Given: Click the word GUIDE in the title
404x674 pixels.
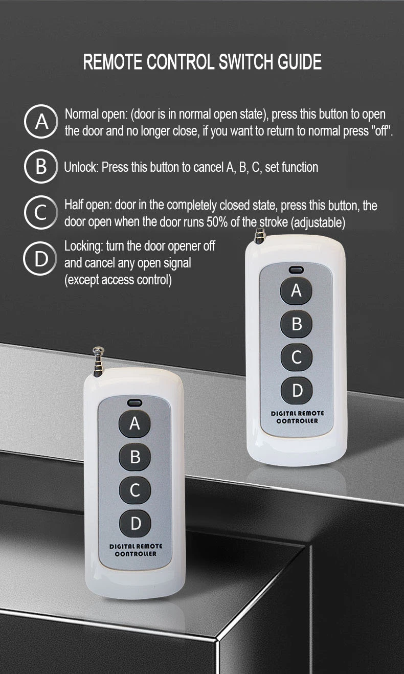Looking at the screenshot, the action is point(299,62).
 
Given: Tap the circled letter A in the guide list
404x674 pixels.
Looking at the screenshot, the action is point(40,122).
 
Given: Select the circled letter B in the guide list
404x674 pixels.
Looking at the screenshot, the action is point(40,166).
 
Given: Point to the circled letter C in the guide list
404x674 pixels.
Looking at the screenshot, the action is point(40,212).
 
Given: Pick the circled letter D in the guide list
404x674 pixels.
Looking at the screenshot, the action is point(40,258).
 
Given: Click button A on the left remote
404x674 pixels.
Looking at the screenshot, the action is point(134,423).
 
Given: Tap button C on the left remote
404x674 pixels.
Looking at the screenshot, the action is point(135,490).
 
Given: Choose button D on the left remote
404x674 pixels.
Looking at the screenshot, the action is point(135,524).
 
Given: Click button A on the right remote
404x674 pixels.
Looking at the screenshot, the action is point(296,290).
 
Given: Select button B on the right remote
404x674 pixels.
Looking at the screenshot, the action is point(296,324).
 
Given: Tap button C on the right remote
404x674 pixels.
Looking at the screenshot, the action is point(297,357).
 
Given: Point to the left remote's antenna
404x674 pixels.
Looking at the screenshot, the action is point(98,362).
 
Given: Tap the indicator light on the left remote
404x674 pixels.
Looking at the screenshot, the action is point(134,402).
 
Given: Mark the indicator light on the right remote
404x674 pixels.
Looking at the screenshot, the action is point(296,269).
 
